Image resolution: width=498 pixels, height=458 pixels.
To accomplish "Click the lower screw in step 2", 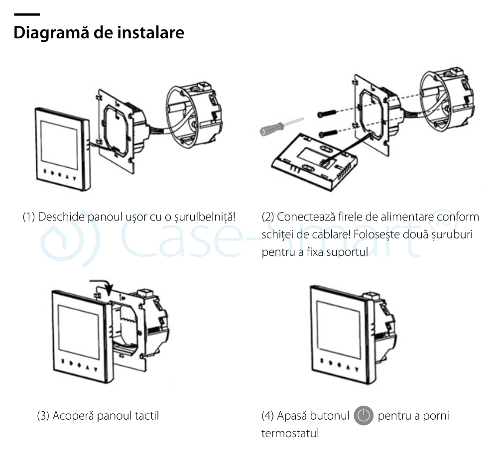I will click(329, 133).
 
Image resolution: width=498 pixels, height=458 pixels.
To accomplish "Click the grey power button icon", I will click(364, 415).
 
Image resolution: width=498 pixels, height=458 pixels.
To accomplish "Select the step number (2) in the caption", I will click(268, 217).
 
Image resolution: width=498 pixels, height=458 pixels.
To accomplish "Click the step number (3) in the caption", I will click(43, 415).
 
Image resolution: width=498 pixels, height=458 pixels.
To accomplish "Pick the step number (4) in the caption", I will click(268, 415).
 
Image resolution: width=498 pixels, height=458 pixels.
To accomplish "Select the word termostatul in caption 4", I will click(290, 433).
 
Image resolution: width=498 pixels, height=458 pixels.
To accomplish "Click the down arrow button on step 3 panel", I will click(98, 367).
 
